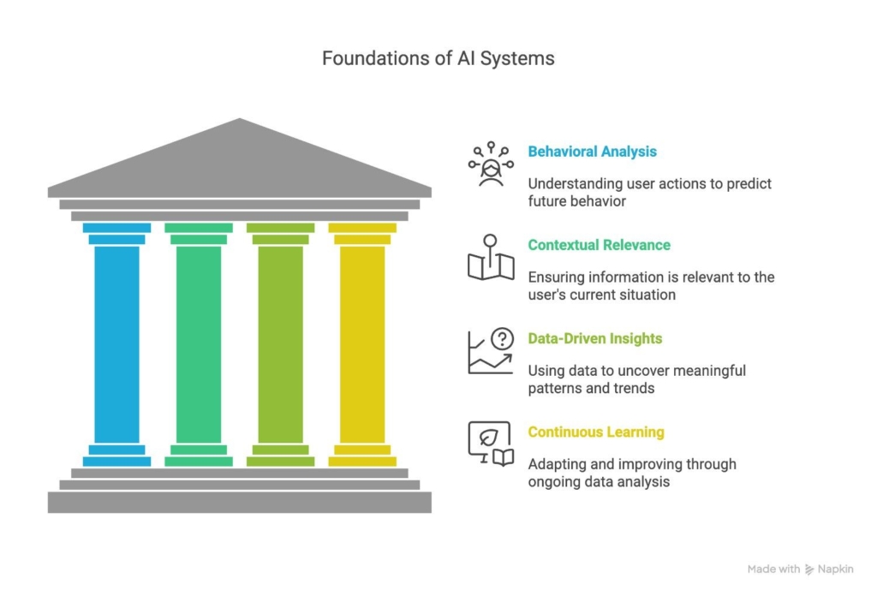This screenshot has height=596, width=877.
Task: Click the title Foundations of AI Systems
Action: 438,58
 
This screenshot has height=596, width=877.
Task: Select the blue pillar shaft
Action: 116,343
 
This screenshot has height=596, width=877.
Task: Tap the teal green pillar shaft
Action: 198,343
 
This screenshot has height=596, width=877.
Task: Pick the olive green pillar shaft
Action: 280,343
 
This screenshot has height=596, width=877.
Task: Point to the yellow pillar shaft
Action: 362,343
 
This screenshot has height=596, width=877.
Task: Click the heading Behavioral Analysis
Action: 592,152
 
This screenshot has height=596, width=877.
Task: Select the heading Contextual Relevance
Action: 599,245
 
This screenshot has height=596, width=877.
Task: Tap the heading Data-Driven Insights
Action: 594,338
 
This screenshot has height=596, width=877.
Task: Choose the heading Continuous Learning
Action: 595,432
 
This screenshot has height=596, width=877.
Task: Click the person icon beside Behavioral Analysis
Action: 491,164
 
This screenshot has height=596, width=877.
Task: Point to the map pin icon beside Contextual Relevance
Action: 491,258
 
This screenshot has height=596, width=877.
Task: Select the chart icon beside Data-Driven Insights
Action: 491,351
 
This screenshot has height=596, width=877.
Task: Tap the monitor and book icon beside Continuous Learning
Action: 491,444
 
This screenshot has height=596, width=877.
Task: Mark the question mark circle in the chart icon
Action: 503,338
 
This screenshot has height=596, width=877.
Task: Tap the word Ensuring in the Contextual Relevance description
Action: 556,277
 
